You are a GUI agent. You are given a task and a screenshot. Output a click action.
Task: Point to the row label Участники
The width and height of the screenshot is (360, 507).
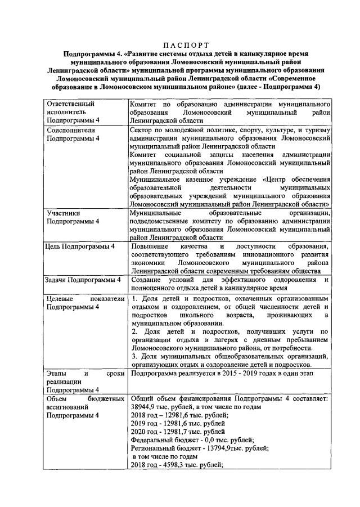click(x=63, y=214)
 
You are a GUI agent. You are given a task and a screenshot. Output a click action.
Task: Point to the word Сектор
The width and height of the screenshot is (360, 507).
click(x=142, y=130)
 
